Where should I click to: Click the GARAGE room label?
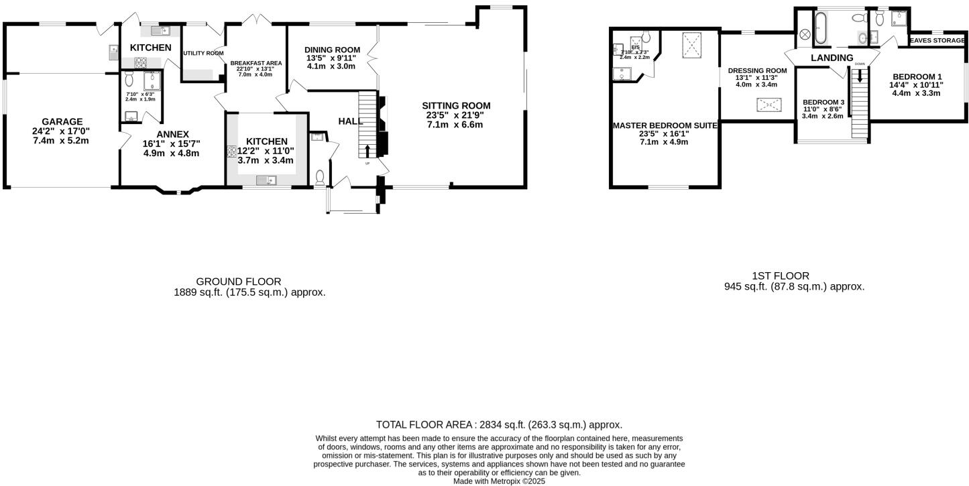tap(61, 121)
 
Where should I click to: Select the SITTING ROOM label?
tap(456, 105)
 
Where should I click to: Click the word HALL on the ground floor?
tap(350, 121)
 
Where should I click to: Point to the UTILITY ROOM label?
tap(203, 53)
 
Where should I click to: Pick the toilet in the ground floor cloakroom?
tap(321, 178)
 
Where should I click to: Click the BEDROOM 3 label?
tap(823, 102)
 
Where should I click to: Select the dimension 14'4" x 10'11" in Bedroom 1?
tap(916, 85)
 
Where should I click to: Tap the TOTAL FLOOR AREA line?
tap(499, 424)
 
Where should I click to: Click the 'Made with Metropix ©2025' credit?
tap(499, 481)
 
